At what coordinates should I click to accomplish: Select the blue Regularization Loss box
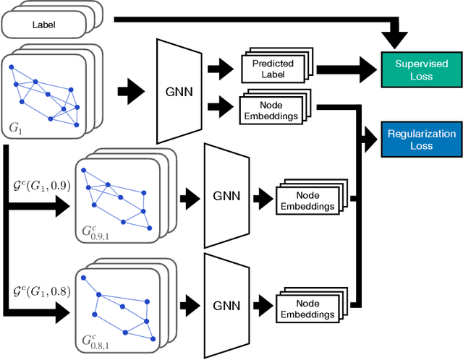click(x=420, y=140)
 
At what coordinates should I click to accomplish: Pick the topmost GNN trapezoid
click(x=179, y=91)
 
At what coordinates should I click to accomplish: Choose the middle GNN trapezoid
click(x=226, y=194)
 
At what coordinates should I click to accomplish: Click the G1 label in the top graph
click(x=17, y=129)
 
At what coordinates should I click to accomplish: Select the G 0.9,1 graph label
click(x=94, y=231)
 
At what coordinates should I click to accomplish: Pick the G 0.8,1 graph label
click(x=94, y=340)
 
